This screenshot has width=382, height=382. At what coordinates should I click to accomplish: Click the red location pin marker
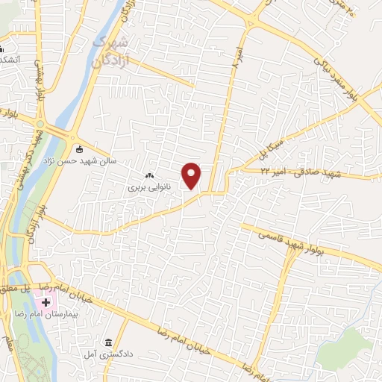[192, 176]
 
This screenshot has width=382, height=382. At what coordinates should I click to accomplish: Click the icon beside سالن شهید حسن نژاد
[81, 147]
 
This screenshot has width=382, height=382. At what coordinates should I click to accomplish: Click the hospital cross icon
[46, 303]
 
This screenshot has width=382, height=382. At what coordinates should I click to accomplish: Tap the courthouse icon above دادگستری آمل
[108, 341]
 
